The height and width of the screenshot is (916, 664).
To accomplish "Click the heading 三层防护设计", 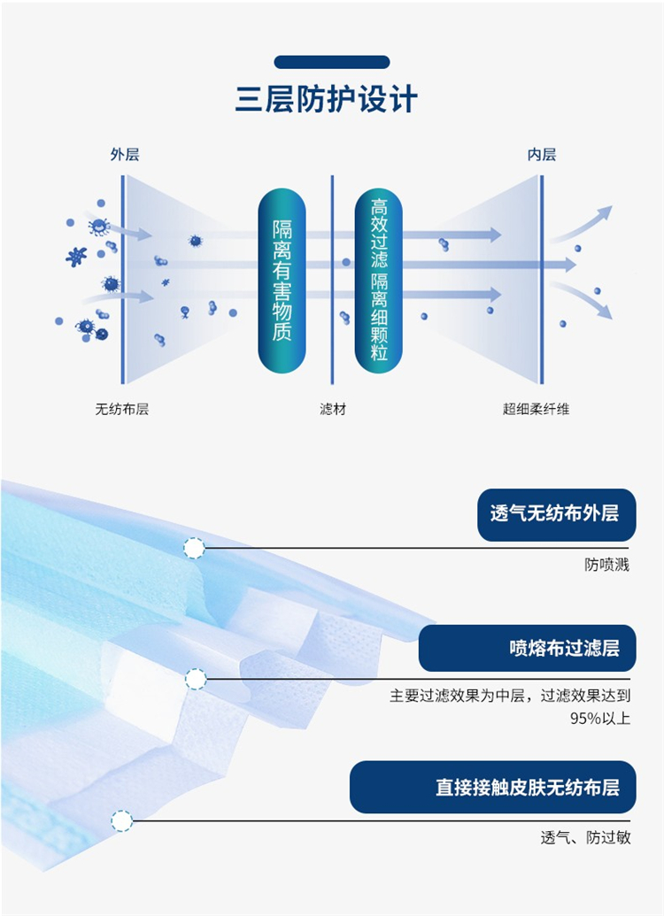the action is tap(326, 99).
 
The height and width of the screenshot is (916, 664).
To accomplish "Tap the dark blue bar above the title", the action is tap(331, 62).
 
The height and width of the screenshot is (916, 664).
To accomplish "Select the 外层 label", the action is tap(125, 154).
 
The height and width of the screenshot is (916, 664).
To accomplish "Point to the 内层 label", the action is tap(541, 154).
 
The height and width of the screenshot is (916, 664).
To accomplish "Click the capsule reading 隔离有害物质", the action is tap(282, 281).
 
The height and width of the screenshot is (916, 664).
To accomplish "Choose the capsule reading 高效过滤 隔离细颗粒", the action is tap(379, 281).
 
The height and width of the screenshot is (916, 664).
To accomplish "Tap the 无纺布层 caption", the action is tap(121, 409).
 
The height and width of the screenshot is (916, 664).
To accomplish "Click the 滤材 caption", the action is tap(333, 409).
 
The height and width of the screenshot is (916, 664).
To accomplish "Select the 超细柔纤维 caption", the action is tap(536, 409).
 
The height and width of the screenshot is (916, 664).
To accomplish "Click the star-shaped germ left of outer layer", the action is tap(76, 256).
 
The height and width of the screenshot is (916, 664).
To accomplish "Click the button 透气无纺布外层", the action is tap(557, 515).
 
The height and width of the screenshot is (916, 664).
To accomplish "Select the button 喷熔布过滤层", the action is tap(528, 648).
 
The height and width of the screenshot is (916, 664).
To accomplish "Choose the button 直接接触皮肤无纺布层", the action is tap(493, 787).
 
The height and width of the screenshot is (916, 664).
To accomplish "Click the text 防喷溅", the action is tap(606, 565).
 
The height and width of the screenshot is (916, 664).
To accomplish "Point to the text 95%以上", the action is tap(600, 718).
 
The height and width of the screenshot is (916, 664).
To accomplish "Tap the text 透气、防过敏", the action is tap(586, 838).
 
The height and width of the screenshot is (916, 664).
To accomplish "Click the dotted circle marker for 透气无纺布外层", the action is tap(194, 548).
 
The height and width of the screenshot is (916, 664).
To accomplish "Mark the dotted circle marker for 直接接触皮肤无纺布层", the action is tap(121, 820).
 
